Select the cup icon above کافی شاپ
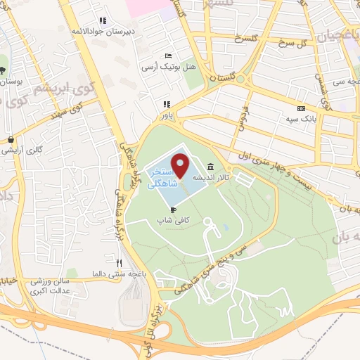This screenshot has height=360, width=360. pos(172,210)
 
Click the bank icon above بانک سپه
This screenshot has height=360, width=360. pos(302,109)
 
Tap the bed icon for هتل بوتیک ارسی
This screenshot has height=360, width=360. pos(167,56)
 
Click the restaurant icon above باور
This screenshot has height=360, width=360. pos(167,104)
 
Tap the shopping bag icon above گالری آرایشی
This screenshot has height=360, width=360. pos(11,139)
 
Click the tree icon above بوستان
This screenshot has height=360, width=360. pos(3,70)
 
